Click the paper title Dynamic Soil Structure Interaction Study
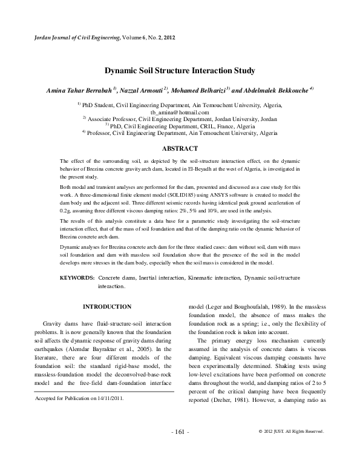(180, 70)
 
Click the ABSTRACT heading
(180, 148)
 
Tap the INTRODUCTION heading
(106, 307)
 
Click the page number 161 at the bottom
(180, 448)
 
